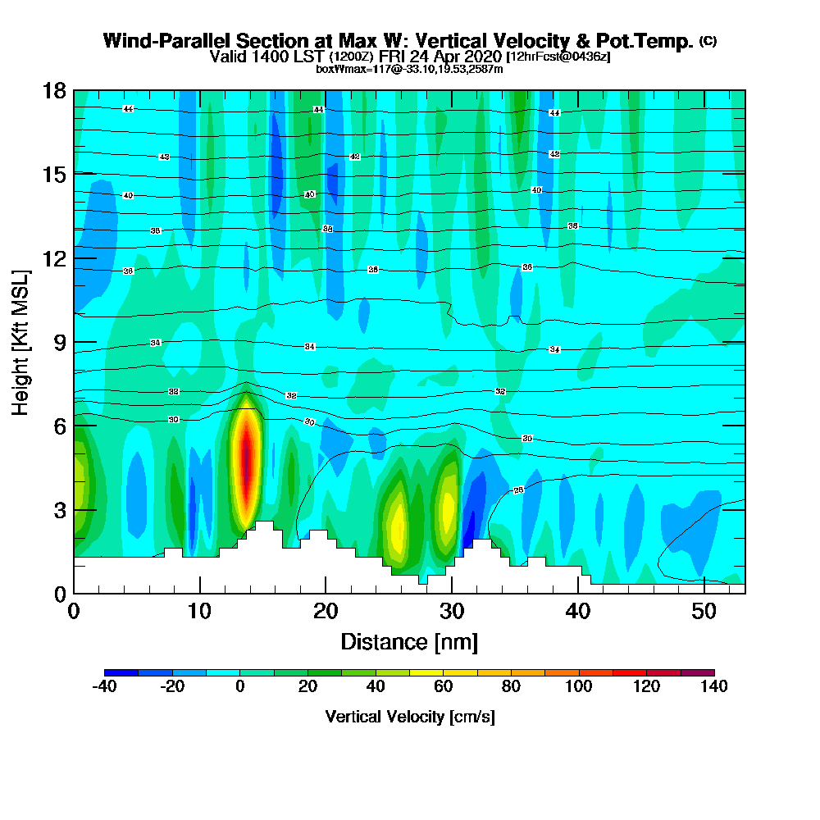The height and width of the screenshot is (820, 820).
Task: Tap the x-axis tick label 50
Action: point(704,611)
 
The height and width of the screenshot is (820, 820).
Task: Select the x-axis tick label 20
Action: point(326,611)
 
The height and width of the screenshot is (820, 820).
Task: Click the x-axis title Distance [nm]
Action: point(409,640)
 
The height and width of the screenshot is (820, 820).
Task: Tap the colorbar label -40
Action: point(104,686)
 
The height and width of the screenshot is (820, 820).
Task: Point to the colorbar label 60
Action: point(444,686)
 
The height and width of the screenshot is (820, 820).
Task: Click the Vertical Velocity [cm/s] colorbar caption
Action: point(409,717)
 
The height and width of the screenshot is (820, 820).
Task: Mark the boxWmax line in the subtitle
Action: point(409,69)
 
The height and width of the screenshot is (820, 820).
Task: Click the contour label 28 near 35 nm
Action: point(518,490)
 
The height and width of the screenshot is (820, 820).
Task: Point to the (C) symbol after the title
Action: point(708,41)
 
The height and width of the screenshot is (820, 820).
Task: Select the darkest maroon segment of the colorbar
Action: point(697,672)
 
